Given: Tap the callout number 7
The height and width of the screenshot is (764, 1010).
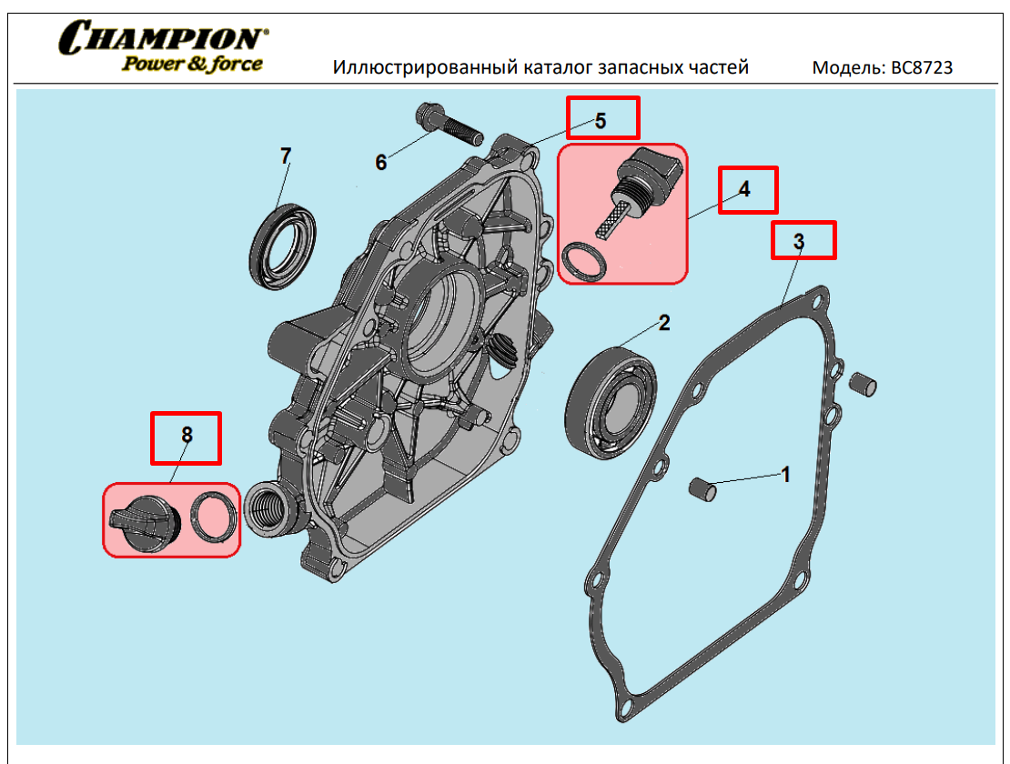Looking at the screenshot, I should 286,156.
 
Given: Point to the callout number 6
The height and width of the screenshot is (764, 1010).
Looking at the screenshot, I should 381,163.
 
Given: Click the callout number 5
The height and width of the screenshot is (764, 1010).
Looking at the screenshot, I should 601,121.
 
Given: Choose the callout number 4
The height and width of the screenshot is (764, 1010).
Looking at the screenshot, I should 744,189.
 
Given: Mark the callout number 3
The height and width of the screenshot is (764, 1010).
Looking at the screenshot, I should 799,241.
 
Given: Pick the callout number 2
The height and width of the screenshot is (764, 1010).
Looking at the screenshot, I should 665,322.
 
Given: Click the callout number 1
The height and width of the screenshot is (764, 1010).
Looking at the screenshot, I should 785,474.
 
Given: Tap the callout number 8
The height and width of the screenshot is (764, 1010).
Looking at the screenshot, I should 187,435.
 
